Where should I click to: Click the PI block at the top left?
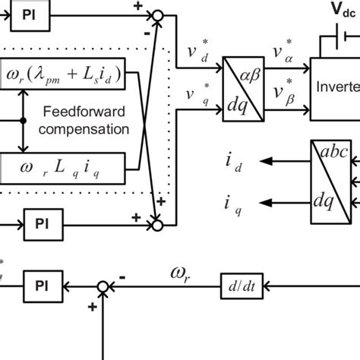(27, 14)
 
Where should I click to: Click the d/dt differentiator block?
(235, 286)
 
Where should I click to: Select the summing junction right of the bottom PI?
(103, 286)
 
